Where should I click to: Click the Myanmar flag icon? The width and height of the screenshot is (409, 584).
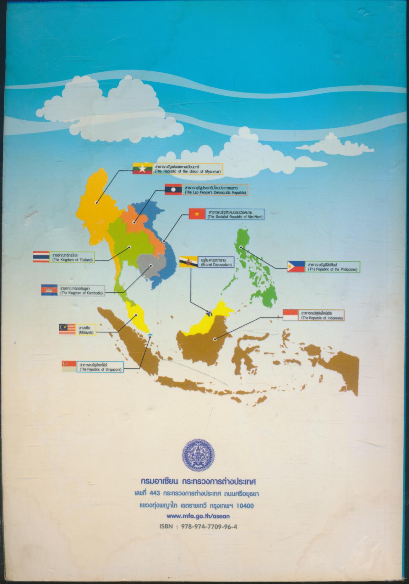coord(142,169)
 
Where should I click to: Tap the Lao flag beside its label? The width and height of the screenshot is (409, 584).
coord(173,189)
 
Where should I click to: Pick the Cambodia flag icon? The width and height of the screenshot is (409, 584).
coord(49,290)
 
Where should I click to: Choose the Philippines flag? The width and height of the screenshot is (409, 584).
coord(296,266)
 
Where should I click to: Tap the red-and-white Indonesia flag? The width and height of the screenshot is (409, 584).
coord(291,315)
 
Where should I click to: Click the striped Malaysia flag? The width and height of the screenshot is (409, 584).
coord(68,330)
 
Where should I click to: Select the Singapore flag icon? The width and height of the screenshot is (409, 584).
coord(70,367)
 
